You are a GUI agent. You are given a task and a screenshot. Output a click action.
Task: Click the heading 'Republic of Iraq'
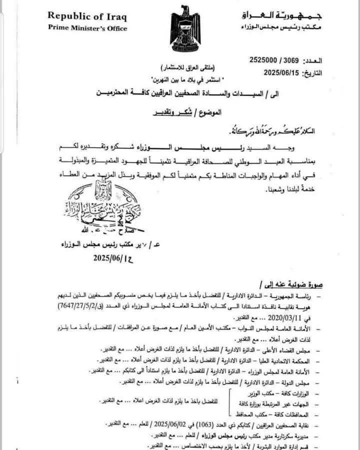point(87,15)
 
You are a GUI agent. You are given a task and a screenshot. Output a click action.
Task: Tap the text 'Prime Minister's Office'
point(87,28)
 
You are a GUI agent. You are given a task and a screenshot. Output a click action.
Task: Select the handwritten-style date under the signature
point(113,258)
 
